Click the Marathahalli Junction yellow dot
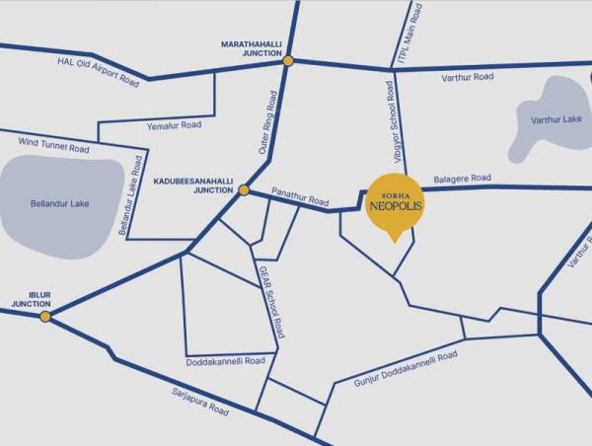pos(288,61)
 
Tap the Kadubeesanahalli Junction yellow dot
pos(244,189)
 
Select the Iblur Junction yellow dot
pos(45,316)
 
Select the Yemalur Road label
pos(174,125)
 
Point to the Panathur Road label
pos(300,198)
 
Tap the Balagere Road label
pos(462,178)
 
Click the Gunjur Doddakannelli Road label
pos(405,367)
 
